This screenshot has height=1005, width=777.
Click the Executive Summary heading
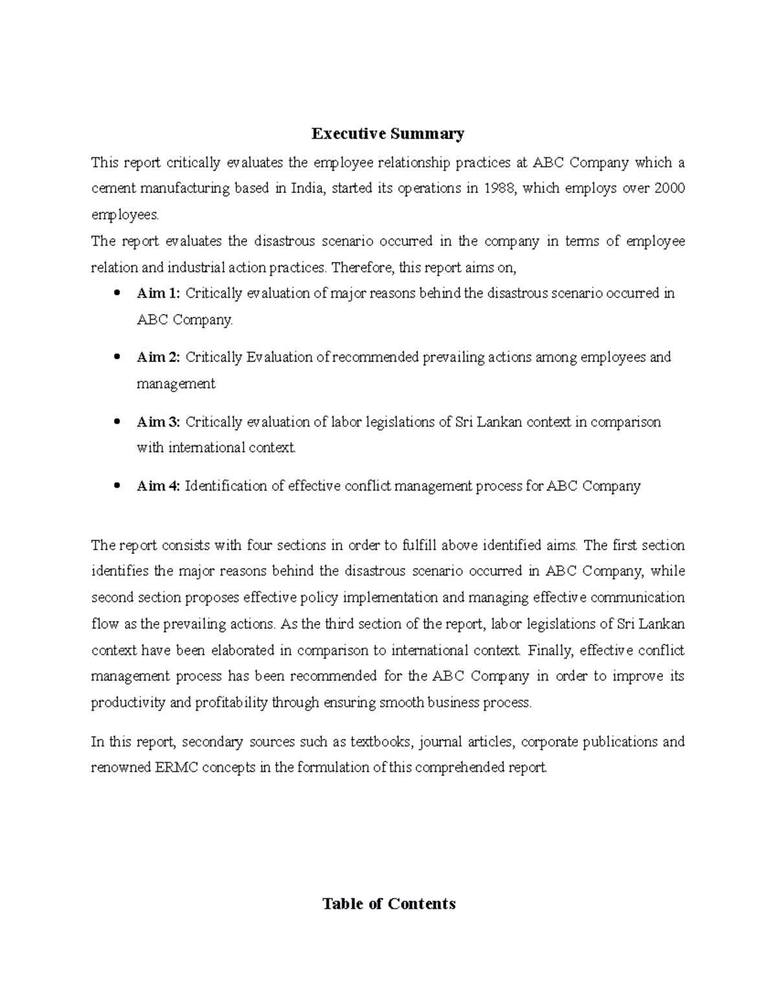pyautogui.click(x=388, y=134)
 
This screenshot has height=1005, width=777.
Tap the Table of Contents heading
pyautogui.click(x=388, y=903)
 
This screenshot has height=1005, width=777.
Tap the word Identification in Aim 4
pyautogui.click(x=226, y=486)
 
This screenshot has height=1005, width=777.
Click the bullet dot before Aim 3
pyautogui.click(x=117, y=422)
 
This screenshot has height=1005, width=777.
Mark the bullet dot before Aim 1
pyautogui.click(x=117, y=293)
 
